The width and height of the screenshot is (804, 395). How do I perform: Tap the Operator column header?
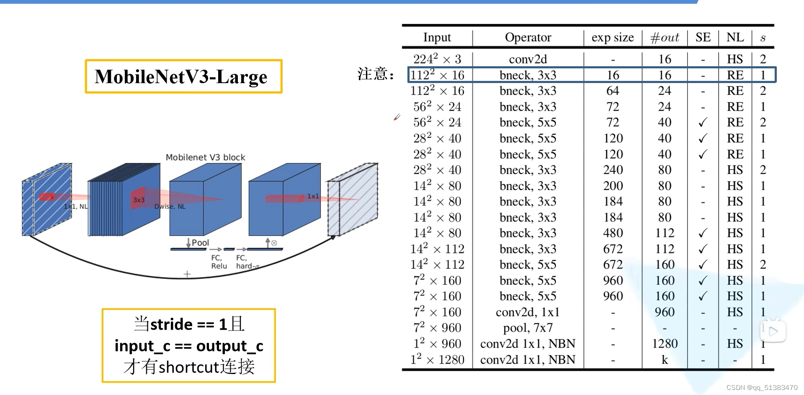tap(528, 37)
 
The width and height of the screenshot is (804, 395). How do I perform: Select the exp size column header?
tap(613, 37)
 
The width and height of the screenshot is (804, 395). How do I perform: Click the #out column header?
tap(665, 37)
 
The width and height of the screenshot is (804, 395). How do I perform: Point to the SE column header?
tap(703, 37)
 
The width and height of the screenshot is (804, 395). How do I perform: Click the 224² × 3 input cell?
tap(437, 59)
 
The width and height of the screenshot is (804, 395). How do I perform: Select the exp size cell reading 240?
tap(613, 170)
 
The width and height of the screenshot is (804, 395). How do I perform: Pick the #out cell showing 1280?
tap(665, 344)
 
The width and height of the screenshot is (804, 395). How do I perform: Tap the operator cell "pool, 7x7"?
tap(528, 328)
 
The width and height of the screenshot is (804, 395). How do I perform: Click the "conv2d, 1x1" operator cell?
tap(528, 312)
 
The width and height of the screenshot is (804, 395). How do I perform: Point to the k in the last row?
tap(665, 360)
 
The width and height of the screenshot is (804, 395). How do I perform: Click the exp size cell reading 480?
tap(613, 233)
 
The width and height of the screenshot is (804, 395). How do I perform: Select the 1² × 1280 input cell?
tap(437, 360)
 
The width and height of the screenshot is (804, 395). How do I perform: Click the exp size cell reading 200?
tap(613, 186)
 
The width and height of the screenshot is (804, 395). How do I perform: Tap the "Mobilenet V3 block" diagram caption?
tap(205, 157)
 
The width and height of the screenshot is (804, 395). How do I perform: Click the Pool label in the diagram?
tap(200, 243)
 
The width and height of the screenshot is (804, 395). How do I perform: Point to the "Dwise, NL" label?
tap(170, 206)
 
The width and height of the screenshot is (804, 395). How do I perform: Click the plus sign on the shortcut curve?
tap(187, 274)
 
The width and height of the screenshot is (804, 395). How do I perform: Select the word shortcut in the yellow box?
tap(189, 367)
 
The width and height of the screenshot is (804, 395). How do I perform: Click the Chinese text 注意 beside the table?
tap(373, 74)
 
